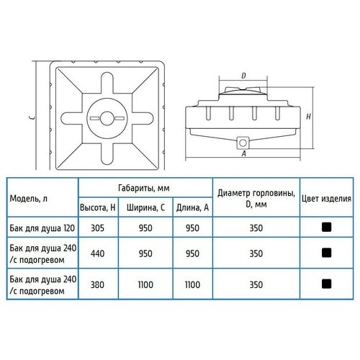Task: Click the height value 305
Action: pyautogui.click(x=97, y=228)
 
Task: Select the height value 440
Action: pyautogui.click(x=97, y=253)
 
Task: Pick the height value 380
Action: pyautogui.click(x=97, y=284)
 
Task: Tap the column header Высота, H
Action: pyautogui.click(x=98, y=207)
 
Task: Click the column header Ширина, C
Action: pyautogui.click(x=145, y=207)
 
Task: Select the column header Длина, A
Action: pyautogui.click(x=192, y=207)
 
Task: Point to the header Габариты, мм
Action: pyautogui.click(x=144, y=188)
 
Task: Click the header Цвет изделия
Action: pyautogui.click(x=326, y=199)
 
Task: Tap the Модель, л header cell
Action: pyautogui.click(x=29, y=199)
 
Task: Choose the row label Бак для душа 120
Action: pyautogui.click(x=42, y=228)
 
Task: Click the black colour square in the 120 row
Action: pyautogui.click(x=326, y=227)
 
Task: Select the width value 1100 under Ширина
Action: pyautogui.click(x=145, y=284)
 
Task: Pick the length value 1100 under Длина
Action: pyautogui.click(x=192, y=284)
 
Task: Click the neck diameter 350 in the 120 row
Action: pyautogui.click(x=256, y=228)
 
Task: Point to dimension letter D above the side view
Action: pyautogui.click(x=243, y=76)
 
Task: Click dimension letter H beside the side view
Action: pyautogui.click(x=308, y=117)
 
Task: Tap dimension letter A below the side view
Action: pyautogui.click(x=244, y=153)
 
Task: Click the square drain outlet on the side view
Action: pyautogui.click(x=243, y=143)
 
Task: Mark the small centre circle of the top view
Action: pyautogui.click(x=107, y=119)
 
